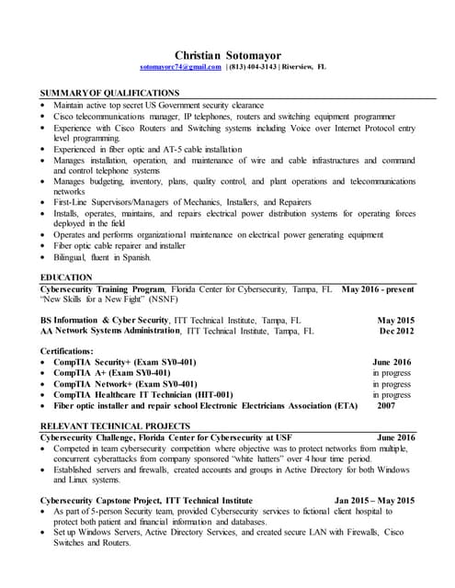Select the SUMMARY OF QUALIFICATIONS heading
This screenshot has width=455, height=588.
(x=109, y=94)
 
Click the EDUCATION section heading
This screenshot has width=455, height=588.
(x=66, y=277)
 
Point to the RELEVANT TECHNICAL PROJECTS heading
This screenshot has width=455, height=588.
(x=115, y=426)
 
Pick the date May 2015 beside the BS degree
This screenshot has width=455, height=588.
(x=396, y=320)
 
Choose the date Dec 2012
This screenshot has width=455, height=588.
(x=397, y=331)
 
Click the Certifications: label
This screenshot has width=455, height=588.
(x=67, y=351)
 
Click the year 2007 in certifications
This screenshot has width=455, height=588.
(x=386, y=405)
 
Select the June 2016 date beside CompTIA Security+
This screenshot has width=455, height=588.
(x=392, y=363)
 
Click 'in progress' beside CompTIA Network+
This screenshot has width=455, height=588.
(x=392, y=384)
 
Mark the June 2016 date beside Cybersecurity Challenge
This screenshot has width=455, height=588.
(x=396, y=437)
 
